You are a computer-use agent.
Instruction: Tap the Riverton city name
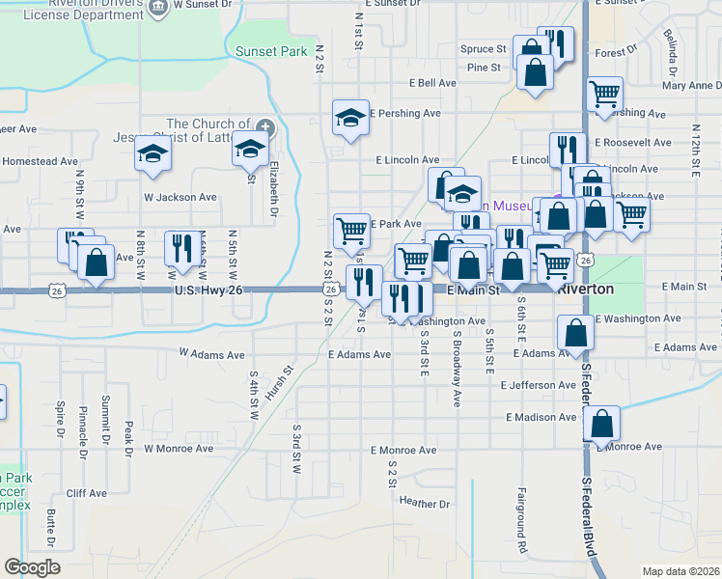tap(594, 288)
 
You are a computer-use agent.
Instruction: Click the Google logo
tap(32, 566)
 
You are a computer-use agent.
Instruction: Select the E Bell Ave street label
tap(431, 84)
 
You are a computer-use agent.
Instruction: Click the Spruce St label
tap(483, 48)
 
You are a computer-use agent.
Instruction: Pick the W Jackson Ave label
tap(180, 197)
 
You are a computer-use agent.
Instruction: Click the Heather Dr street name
tap(425, 504)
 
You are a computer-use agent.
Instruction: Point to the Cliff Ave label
tap(87, 493)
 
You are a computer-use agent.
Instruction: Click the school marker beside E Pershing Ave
tap(350, 118)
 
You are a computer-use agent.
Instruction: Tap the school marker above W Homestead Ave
tap(152, 153)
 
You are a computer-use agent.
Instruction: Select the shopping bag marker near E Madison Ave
tap(601, 422)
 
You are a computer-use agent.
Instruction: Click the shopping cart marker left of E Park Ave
tap(351, 230)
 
